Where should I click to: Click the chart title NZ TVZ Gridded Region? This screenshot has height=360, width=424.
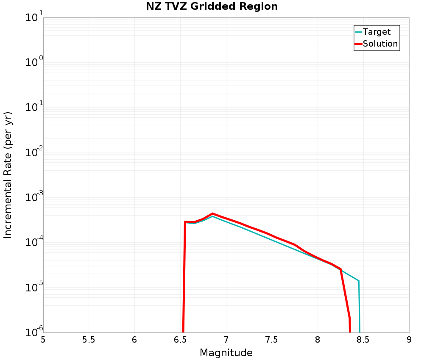212,7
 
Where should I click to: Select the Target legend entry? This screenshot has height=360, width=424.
377,32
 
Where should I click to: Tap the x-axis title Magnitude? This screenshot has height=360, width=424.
226,353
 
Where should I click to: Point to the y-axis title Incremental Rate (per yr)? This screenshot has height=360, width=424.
8,175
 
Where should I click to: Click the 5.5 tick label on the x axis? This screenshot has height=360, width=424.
89,340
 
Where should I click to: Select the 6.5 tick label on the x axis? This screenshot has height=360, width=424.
180,340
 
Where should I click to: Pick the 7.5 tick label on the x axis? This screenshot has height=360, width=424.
272,340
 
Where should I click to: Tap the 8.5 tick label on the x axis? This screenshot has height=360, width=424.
363,340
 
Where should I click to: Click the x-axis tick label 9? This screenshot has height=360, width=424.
409,340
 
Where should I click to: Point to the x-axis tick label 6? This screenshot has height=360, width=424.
134,340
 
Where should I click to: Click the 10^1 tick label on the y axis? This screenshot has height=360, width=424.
31,18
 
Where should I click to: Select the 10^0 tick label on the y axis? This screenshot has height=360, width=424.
31,63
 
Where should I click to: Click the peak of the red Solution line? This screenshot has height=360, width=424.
212,213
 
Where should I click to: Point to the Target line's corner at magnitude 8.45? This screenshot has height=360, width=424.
359,281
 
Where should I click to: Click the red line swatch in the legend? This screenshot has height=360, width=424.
358,44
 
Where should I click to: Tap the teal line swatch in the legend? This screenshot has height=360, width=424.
358,32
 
